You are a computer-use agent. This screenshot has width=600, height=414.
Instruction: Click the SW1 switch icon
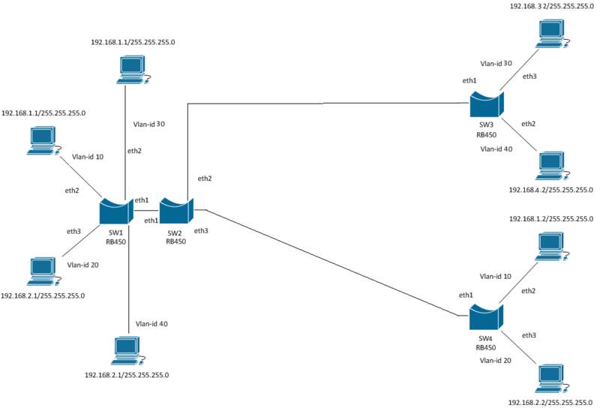115,211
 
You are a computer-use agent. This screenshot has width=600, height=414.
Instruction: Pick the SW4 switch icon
485,316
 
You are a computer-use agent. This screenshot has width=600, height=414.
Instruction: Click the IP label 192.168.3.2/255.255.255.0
551,6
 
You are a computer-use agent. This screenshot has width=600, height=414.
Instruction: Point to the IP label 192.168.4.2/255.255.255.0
551,190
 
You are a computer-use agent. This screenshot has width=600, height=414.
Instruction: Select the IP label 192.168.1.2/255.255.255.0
551,219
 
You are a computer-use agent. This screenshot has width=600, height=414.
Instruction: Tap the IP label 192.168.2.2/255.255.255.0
551,403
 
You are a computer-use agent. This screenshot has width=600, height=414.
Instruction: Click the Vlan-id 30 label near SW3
496,63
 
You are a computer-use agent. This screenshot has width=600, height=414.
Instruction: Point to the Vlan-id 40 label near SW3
496,148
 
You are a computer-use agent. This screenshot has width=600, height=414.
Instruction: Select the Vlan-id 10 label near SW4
496,276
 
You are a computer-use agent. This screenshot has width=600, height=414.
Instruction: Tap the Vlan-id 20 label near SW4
496,361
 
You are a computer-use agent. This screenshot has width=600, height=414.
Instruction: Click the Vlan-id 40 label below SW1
151,324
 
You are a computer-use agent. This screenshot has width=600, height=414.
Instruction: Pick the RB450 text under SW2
175,241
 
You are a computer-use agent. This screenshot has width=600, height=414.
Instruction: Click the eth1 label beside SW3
470,79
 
